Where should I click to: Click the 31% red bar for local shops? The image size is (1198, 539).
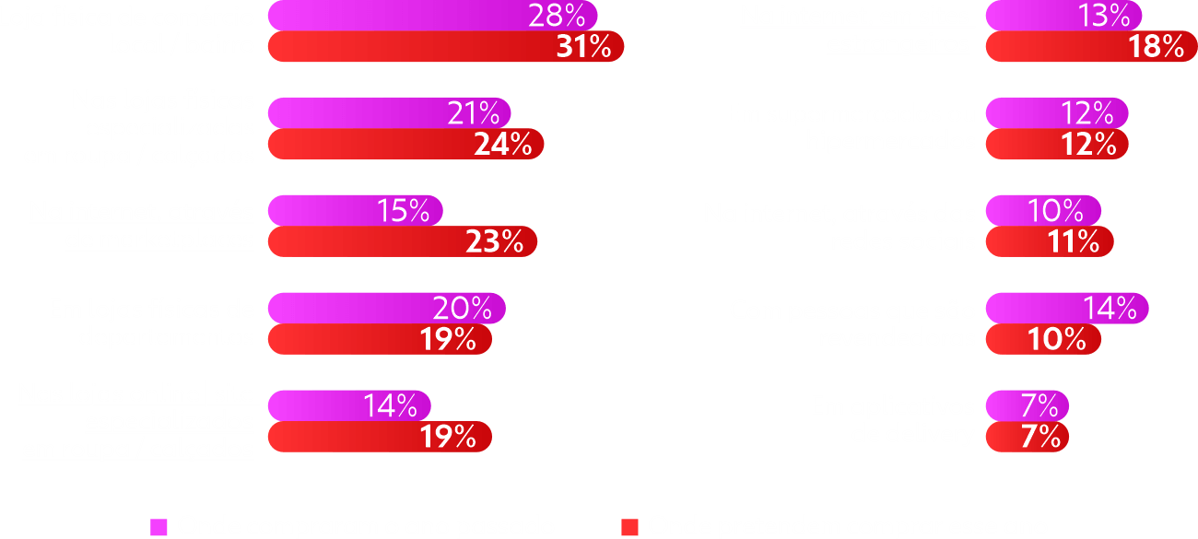(446, 47)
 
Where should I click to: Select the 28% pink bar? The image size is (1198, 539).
(433, 16)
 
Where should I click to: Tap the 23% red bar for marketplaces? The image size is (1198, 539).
(402, 241)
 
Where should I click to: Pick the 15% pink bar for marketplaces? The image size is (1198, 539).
(356, 211)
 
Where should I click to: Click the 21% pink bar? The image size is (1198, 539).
(389, 113)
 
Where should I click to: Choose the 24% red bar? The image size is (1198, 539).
(405, 144)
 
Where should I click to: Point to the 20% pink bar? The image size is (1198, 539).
(386, 309)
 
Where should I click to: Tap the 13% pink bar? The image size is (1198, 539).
(1063, 16)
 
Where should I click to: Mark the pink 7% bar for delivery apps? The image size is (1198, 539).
(1027, 405)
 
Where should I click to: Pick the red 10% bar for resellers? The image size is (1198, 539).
(1043, 339)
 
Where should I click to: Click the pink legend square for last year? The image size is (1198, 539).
(159, 527)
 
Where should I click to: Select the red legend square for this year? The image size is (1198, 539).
(630, 527)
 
